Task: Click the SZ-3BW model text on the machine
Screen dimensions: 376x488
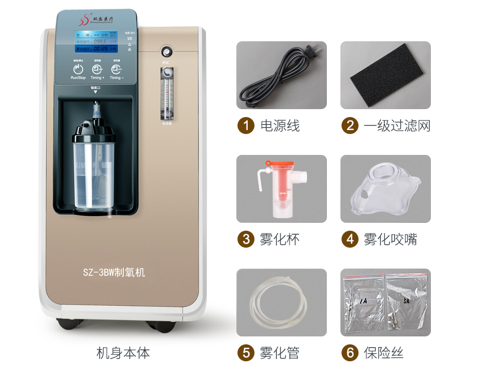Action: pos(114,273)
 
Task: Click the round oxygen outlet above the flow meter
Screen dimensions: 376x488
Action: pos(167,51)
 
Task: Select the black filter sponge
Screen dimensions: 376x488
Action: pos(385,75)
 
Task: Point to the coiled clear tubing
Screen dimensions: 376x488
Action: pos(281,302)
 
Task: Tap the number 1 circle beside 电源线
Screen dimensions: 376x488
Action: pos(245,126)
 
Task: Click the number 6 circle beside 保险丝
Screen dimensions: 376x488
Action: pos(349,353)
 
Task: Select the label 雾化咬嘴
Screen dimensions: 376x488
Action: pos(391,240)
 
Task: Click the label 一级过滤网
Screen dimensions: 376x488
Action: pos(397,126)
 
